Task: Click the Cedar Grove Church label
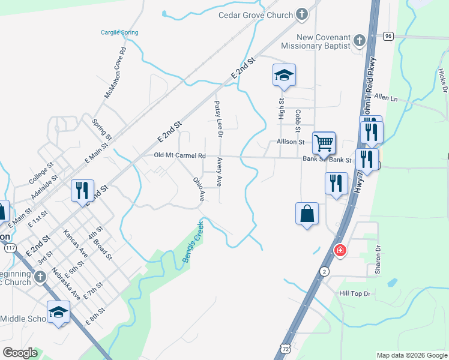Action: tap(255, 15)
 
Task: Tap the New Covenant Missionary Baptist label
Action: tap(316, 41)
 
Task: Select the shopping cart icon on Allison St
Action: tap(324, 143)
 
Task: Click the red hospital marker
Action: tap(340, 250)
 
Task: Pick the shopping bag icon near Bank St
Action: tap(307, 214)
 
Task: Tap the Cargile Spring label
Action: tap(119, 32)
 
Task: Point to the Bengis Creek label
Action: tap(193, 241)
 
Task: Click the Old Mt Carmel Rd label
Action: tap(179, 156)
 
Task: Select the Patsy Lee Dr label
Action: tap(218, 119)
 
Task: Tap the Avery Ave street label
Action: tap(220, 172)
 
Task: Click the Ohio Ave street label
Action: tap(199, 188)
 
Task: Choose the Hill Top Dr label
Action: tap(356, 293)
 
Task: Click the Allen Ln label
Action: tap(385, 97)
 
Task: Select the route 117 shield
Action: tap(10, 248)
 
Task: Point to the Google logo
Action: tap(20, 353)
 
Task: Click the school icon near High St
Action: tap(284, 75)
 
